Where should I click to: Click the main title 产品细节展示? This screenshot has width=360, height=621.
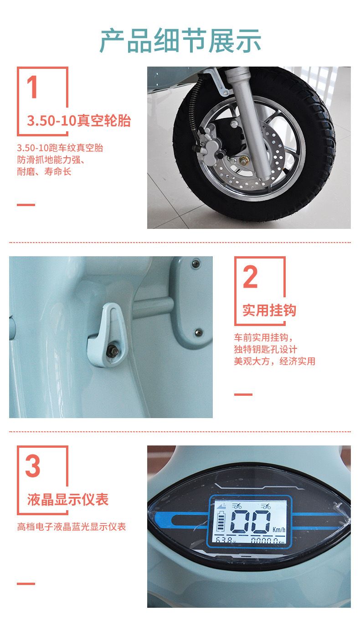(x=180, y=41)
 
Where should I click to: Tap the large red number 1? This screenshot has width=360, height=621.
(x=32, y=87)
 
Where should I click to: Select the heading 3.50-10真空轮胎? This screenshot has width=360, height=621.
(x=79, y=120)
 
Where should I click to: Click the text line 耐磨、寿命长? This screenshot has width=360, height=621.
(x=44, y=171)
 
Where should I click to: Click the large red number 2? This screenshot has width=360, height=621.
(x=250, y=277)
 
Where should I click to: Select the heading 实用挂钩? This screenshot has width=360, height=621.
(x=269, y=310)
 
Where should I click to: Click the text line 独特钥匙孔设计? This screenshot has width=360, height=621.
(x=266, y=349)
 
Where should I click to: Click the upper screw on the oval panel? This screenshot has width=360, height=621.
(x=195, y=263)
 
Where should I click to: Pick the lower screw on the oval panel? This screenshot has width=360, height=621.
(x=198, y=332)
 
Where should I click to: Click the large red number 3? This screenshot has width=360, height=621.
(x=33, y=466)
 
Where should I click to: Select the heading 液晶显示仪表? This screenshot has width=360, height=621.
(x=67, y=500)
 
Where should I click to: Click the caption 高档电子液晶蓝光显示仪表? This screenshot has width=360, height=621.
(x=72, y=527)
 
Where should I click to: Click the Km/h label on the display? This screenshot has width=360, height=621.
(x=278, y=529)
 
